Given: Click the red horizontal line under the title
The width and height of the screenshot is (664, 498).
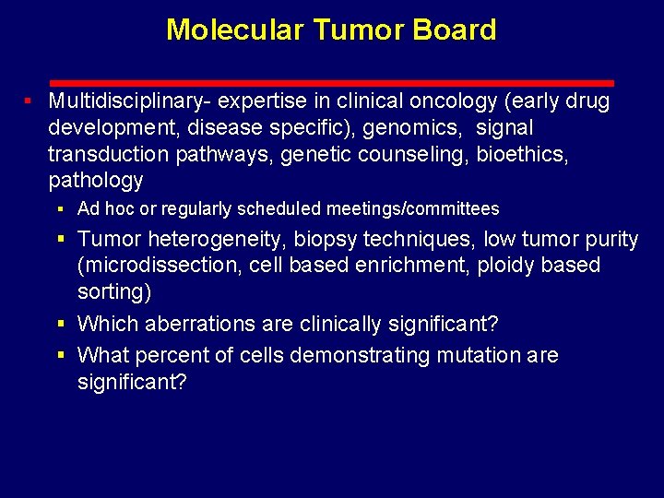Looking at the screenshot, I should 331,83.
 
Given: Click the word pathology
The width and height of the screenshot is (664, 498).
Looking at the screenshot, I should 96,180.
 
